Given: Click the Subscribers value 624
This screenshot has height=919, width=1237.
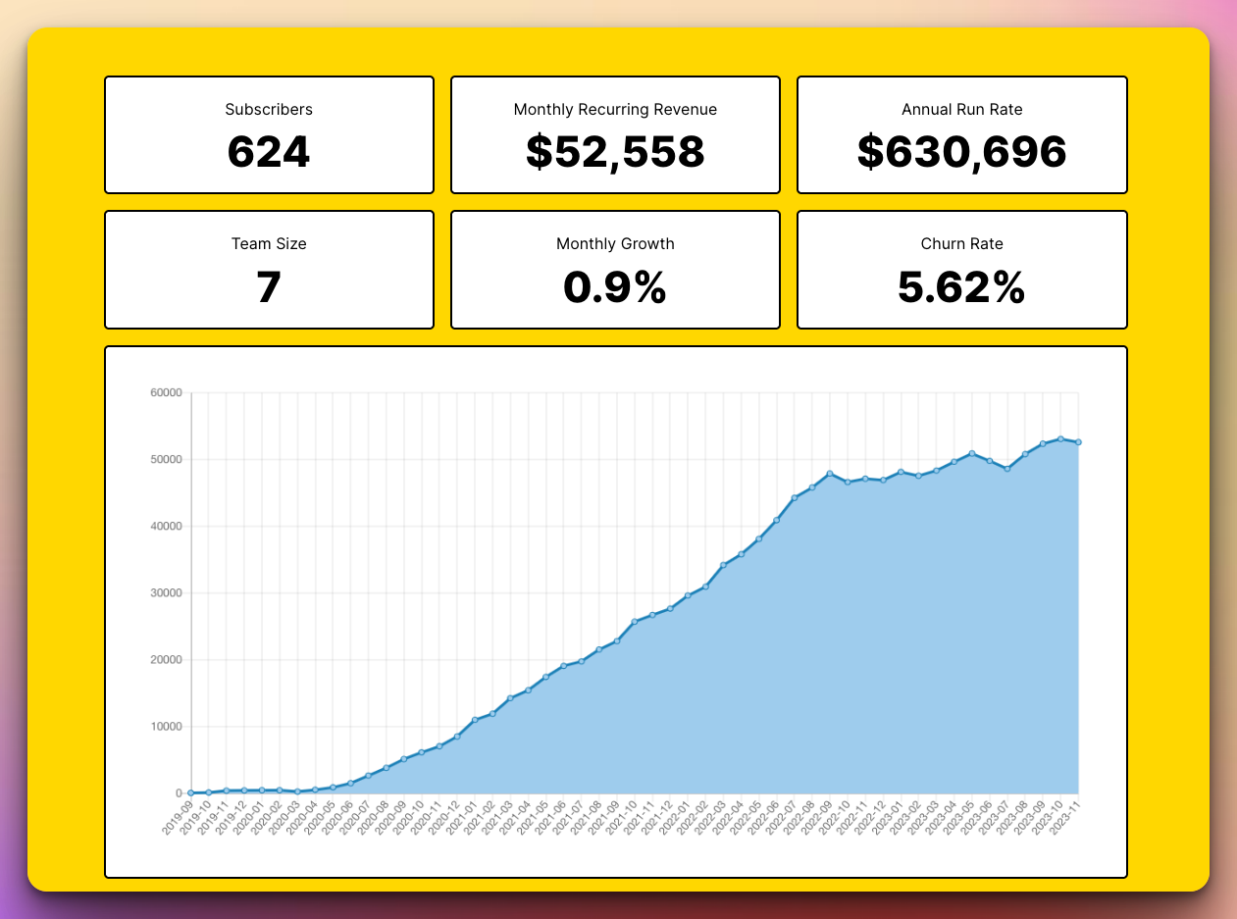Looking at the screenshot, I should point(269,152).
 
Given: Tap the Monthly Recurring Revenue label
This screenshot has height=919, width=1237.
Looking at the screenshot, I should point(615,110).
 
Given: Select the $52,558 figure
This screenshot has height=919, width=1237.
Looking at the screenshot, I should point(615,152).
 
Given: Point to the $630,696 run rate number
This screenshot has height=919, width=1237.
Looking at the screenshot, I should point(961,152).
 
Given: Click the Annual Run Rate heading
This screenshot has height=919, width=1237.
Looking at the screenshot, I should point(961,110).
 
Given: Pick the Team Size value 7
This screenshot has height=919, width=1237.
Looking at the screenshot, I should point(269,287).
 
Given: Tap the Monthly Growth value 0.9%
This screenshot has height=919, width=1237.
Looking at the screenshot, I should point(615,287).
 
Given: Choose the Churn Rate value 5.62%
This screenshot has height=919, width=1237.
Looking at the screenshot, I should point(961,287).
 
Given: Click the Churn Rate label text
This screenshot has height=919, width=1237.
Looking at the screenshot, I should point(961,244).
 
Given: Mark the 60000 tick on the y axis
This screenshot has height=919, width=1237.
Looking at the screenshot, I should point(166,393).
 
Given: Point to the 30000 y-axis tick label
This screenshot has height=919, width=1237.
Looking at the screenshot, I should point(166,593).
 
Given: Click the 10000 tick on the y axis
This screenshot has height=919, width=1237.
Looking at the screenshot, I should point(166,727).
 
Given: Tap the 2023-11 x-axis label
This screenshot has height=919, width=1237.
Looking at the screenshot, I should point(1065,817).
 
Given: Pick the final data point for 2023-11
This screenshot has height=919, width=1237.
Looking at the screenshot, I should point(1078,442).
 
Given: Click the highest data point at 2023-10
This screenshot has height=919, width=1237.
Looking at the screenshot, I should point(1060,438).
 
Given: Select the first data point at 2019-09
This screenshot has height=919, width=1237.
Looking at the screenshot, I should point(191,792).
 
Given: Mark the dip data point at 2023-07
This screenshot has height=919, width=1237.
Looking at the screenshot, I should point(1007,469).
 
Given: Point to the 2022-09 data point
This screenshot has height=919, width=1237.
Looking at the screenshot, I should point(830,474).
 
